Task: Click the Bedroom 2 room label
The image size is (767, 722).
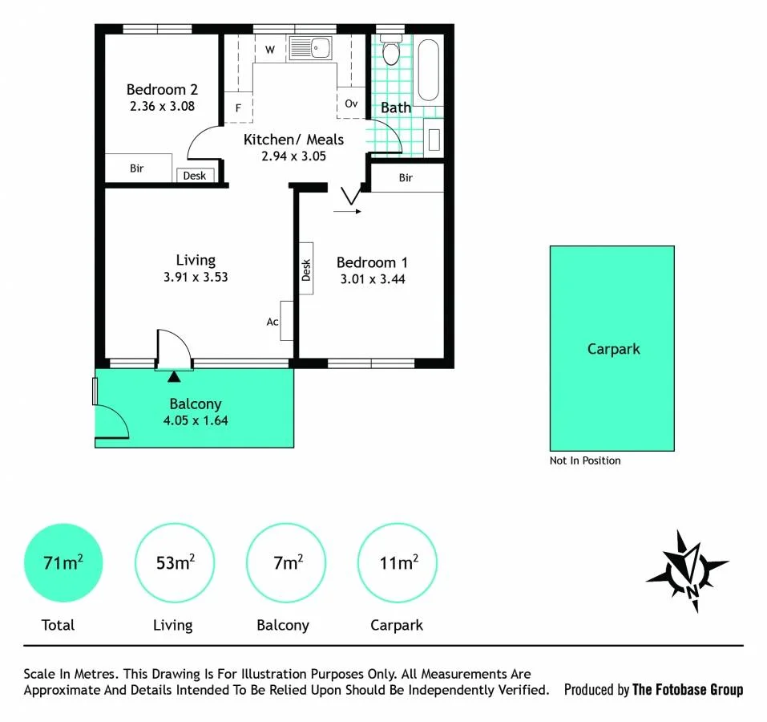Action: [162, 90]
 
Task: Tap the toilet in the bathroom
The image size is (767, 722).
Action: [391, 50]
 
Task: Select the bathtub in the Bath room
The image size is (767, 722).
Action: [429, 70]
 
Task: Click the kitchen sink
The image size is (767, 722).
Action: [311, 48]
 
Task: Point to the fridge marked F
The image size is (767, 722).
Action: [238, 107]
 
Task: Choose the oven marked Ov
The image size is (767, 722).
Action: [351, 103]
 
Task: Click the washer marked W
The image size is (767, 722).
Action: [270, 49]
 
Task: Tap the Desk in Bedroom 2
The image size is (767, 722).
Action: [195, 175]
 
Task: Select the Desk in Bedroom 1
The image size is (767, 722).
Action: [306, 269]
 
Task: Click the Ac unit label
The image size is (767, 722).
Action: [272, 322]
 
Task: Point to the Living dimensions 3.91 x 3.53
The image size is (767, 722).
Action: [196, 277]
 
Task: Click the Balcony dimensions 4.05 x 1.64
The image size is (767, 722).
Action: [196, 420]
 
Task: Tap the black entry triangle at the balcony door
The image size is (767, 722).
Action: [174, 376]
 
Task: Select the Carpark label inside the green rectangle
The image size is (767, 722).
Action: [613, 349]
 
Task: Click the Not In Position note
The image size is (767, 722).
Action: [585, 460]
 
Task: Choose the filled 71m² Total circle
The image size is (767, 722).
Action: [63, 563]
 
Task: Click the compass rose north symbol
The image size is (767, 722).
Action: [688, 570]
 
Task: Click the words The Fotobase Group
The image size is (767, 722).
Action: [688, 690]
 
